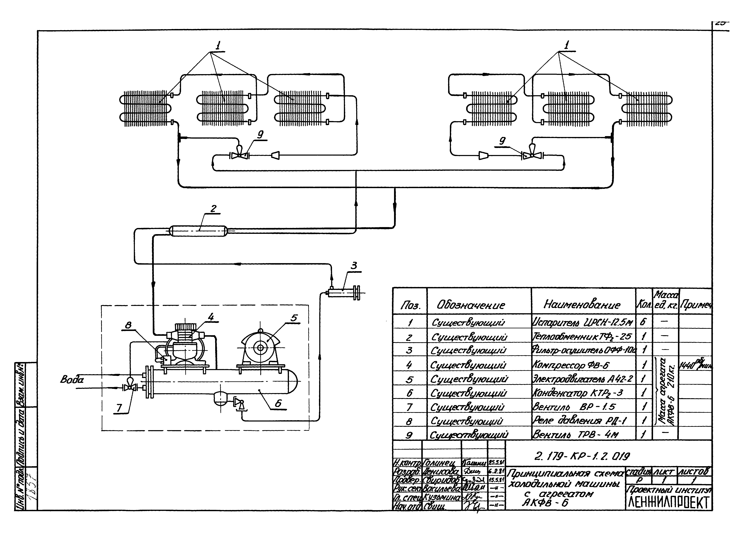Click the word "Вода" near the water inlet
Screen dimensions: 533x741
coord(72,379)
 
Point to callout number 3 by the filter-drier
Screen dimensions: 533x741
coord(354,266)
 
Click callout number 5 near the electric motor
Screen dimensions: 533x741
coord(294,318)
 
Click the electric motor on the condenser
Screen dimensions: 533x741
coord(260,348)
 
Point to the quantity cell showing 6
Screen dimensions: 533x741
coord(642,322)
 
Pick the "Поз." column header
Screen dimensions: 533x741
coord(410,306)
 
